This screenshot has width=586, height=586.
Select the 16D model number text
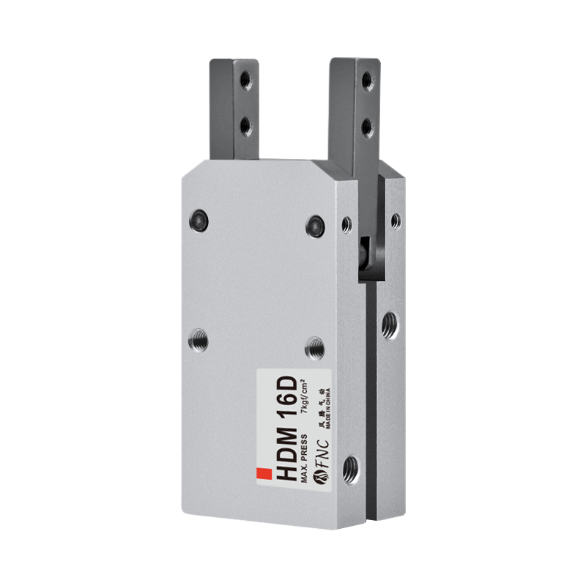(x=286, y=401)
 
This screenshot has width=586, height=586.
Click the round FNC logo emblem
(x=323, y=478)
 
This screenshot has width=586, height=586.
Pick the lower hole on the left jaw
(x=244, y=125)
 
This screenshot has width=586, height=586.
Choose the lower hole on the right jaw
(x=367, y=127)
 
